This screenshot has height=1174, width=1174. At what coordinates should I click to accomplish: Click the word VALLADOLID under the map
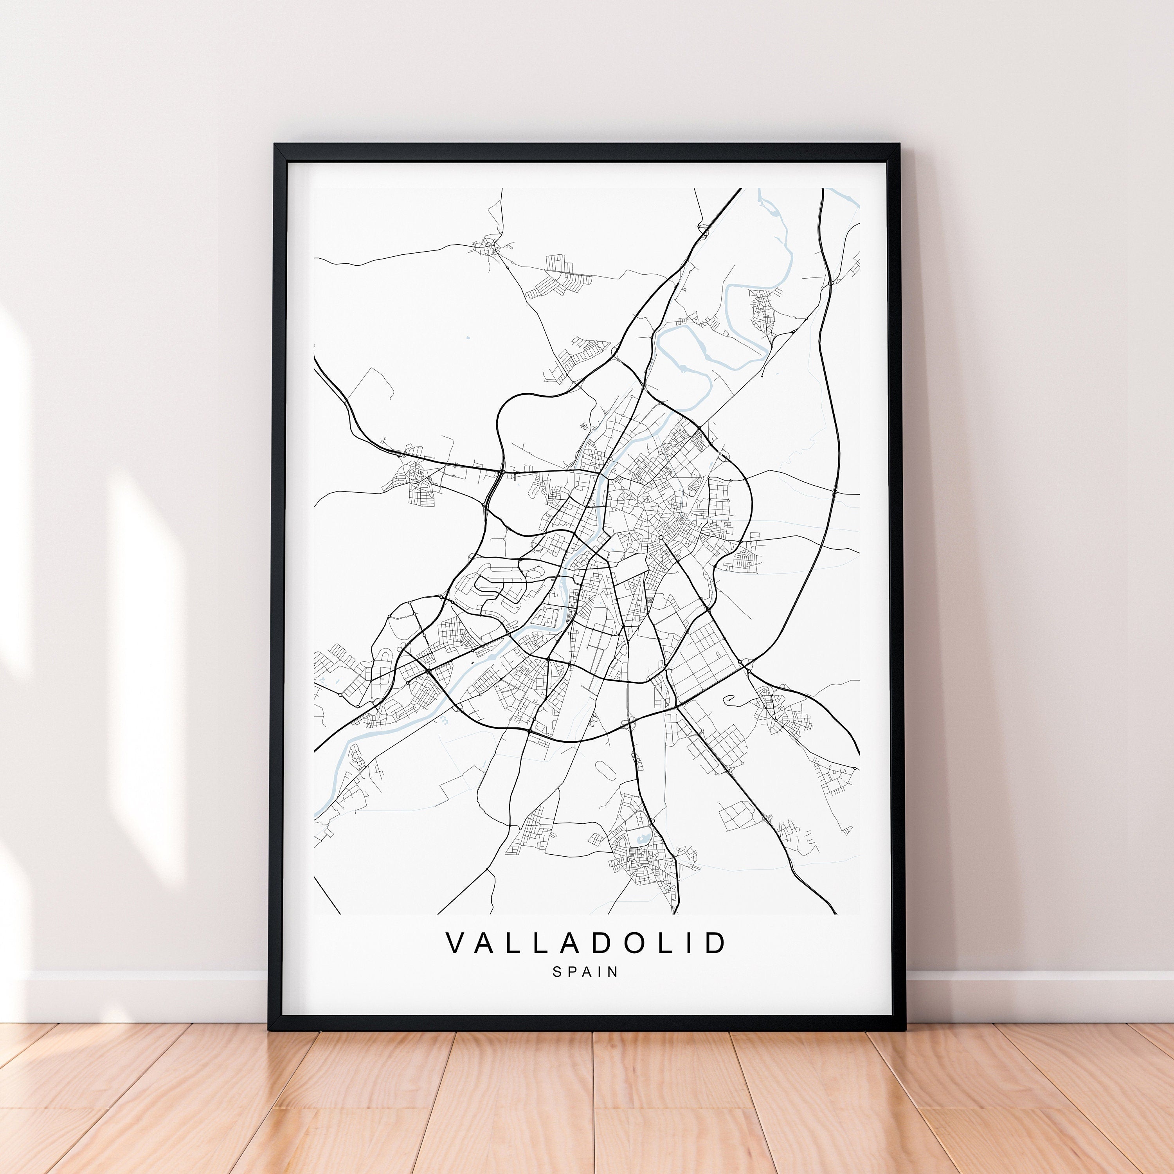pos(586,942)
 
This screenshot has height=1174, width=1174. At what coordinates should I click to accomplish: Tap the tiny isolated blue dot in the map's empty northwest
pos(467,337)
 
